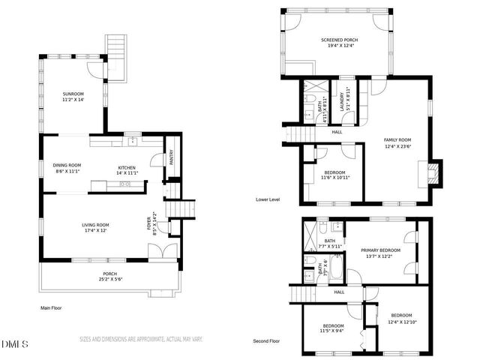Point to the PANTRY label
[171, 157]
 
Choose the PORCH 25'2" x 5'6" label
[110, 276]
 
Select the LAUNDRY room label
[349, 100]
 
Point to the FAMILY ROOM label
[397, 143]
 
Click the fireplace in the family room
[432, 174]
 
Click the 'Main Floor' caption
[51, 307]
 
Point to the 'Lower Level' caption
[267, 199]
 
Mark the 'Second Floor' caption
[268, 340]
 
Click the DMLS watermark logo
[15, 344]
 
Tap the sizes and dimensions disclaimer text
[141, 339]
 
